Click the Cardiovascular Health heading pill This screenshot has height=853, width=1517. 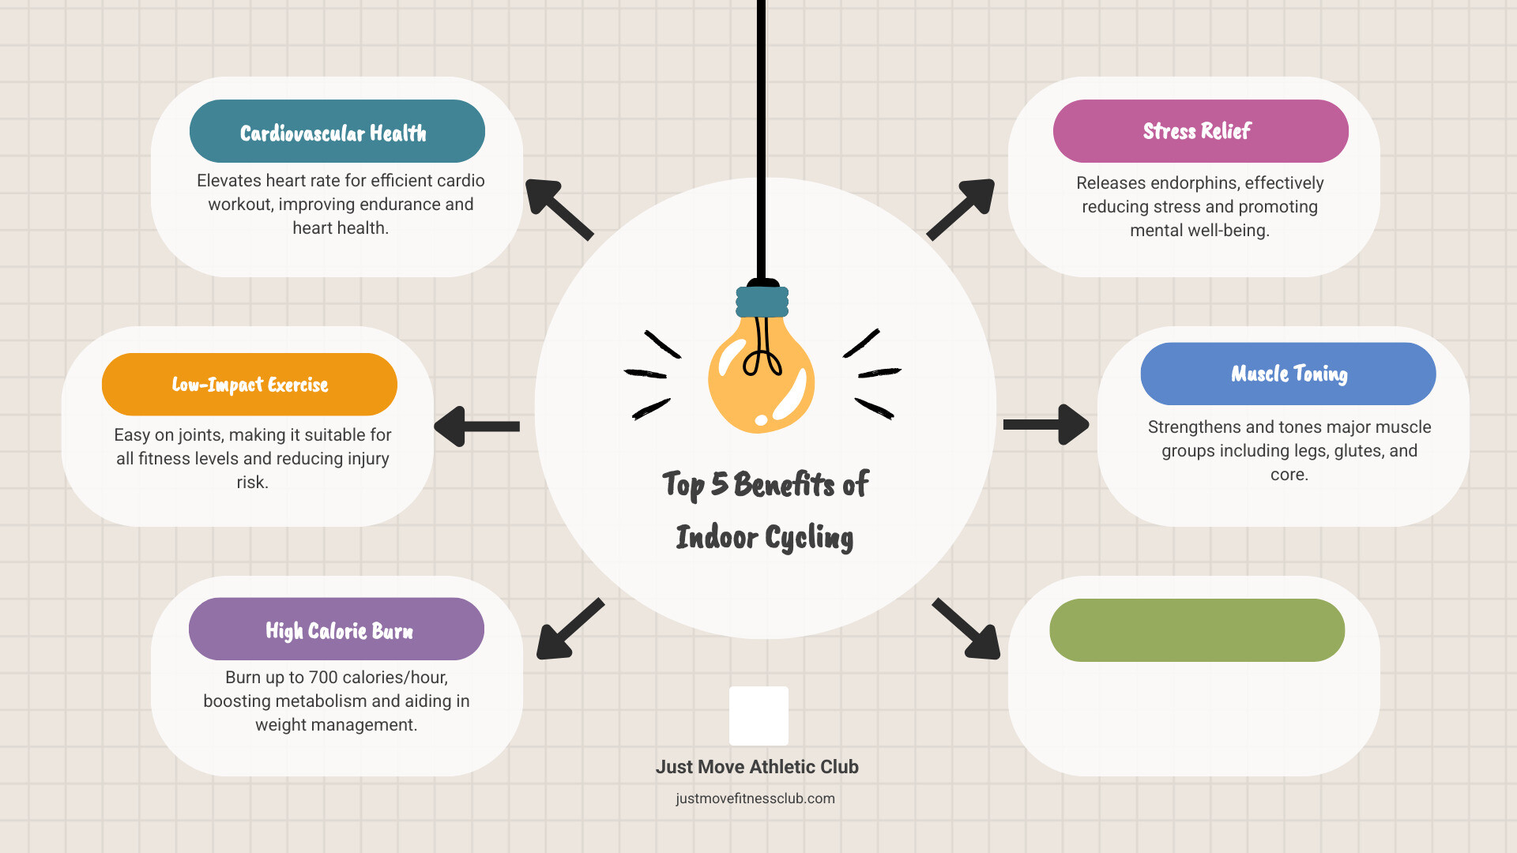[x=337, y=131]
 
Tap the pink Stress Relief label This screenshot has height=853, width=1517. [x=1201, y=131]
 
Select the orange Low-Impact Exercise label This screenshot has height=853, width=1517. [x=250, y=385]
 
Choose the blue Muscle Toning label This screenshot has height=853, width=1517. [x=1289, y=374]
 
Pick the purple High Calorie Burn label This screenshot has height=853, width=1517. [x=337, y=629]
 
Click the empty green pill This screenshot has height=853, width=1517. [x=1197, y=630]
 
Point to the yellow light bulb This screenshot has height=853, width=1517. [x=762, y=371]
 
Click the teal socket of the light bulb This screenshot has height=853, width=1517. [x=762, y=302]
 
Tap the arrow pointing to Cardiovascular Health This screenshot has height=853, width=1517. [x=559, y=209]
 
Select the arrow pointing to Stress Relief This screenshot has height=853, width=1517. [x=961, y=209]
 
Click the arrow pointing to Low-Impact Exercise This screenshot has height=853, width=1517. [x=476, y=426]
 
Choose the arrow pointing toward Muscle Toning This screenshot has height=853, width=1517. [x=1046, y=425]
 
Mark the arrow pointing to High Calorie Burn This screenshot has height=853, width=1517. [x=570, y=629]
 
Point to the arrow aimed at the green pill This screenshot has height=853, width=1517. [x=966, y=629]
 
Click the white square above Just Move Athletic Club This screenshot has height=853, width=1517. [x=758, y=716]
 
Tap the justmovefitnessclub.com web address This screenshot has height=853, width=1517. [x=755, y=799]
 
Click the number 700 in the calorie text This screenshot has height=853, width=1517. [x=323, y=678]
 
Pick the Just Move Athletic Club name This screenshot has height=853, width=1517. [x=757, y=767]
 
